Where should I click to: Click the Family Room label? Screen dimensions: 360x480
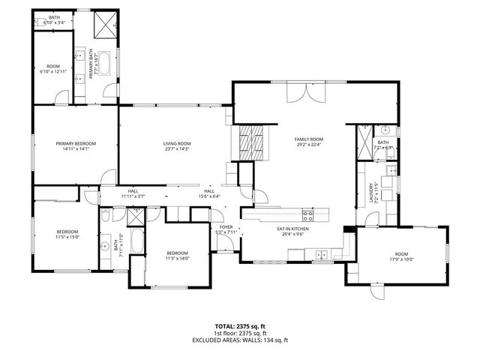click(x=308, y=139)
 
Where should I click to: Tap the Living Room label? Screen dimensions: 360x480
click(x=178, y=143)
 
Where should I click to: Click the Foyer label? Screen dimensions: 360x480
click(x=226, y=226)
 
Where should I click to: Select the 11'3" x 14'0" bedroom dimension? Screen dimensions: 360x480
click(x=177, y=258)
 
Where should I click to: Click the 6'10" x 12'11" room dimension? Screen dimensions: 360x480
click(x=53, y=71)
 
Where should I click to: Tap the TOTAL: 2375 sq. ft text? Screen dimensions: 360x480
click(x=239, y=327)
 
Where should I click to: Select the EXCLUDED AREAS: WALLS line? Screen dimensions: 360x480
click(x=239, y=340)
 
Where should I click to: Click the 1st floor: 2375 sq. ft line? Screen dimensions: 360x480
click(x=239, y=334)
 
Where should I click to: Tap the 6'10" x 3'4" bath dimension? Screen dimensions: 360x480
click(x=55, y=22)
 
